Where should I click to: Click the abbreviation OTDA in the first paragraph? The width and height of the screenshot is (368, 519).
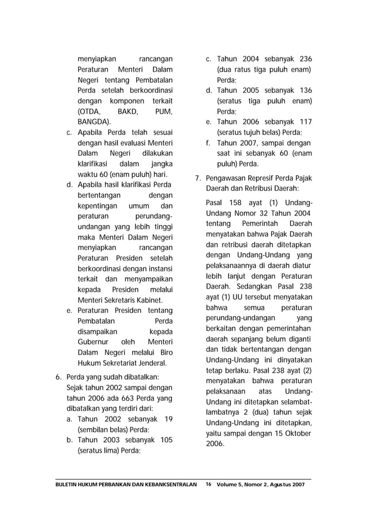click(x=88, y=111)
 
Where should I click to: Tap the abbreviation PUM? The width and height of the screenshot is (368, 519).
click(x=164, y=111)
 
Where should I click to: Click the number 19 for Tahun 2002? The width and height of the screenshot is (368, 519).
click(x=168, y=419)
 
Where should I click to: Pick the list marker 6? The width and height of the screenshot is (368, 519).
click(x=58, y=377)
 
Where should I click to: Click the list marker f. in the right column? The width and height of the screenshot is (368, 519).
click(x=208, y=143)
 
